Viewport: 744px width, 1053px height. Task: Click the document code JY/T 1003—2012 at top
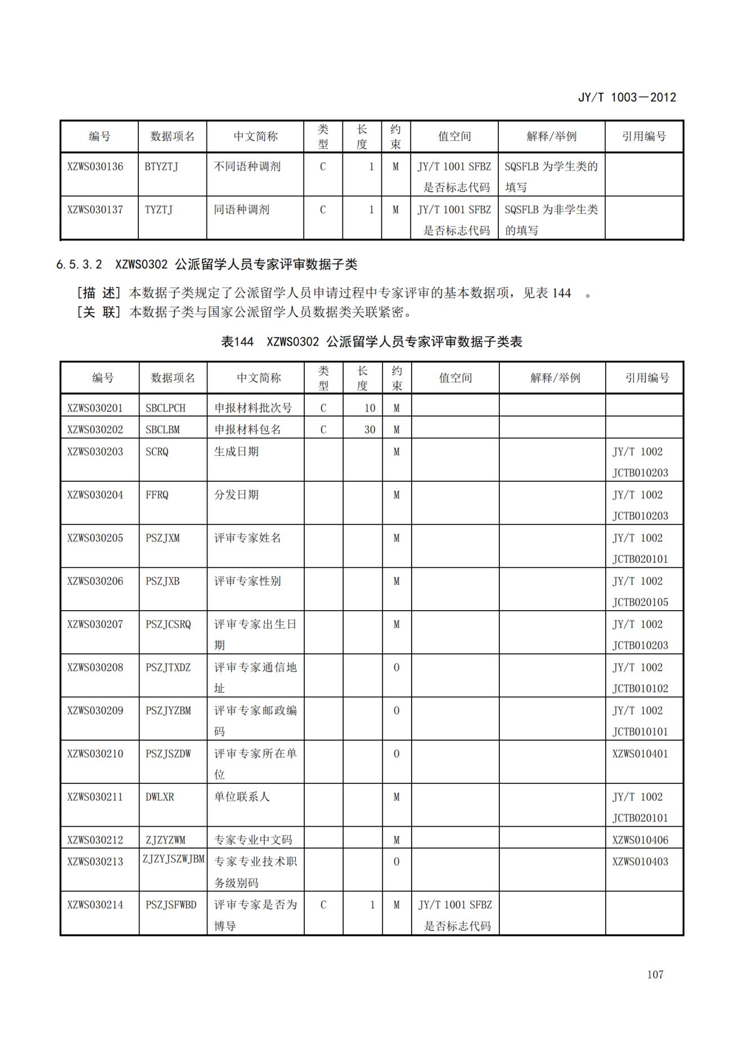(627, 97)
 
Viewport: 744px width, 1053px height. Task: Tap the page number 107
(655, 974)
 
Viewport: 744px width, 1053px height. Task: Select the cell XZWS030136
(95, 167)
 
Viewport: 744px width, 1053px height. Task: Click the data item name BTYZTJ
(161, 167)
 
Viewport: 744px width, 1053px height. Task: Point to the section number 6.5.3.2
(79, 265)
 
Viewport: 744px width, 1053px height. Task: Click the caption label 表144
(237, 342)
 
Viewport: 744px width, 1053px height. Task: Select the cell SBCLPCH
(165, 408)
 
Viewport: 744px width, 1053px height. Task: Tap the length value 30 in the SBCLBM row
(369, 429)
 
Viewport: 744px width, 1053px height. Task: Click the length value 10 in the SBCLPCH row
(369, 408)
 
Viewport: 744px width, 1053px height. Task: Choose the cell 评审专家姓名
(247, 538)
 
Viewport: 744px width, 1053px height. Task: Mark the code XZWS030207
(95, 624)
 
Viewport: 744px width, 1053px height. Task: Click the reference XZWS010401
(640, 754)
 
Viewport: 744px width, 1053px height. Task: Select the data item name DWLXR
(160, 797)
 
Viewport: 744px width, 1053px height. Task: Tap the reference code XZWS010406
(640, 840)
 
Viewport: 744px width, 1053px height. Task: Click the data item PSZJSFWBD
(171, 905)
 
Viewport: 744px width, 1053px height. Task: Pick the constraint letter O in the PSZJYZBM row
(396, 711)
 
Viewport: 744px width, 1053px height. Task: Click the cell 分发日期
(236, 495)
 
